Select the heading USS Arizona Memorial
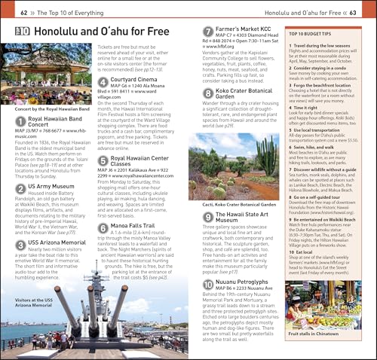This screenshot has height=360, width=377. pyautogui.click(x=60, y=243)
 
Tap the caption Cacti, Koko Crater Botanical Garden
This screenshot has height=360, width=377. pyautogui.click(x=236, y=203)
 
